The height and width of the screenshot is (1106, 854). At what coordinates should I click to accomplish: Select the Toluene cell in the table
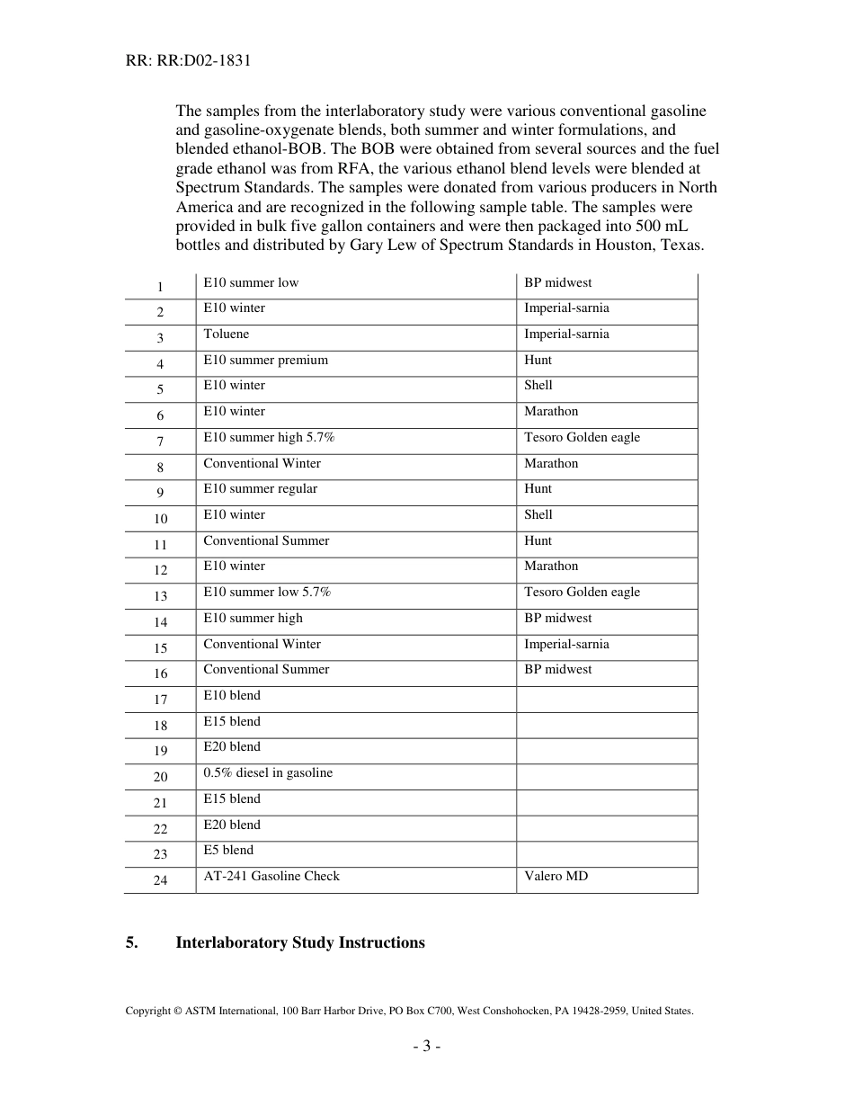click(x=227, y=334)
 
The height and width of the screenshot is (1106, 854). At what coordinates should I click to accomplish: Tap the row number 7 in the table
click(x=160, y=442)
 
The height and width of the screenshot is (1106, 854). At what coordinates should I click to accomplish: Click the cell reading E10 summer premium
click(x=265, y=361)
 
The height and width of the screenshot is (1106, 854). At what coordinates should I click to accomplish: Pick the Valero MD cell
click(x=556, y=877)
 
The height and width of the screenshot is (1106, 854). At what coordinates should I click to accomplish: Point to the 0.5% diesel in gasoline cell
click(x=268, y=773)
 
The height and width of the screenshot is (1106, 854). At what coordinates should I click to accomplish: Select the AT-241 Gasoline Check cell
click(x=271, y=877)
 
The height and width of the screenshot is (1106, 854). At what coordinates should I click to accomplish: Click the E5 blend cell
click(x=228, y=851)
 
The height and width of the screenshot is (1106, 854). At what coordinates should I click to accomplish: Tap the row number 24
click(x=160, y=880)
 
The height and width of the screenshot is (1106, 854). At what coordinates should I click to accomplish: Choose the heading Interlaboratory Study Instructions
click(x=300, y=942)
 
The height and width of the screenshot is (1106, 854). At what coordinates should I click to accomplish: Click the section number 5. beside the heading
click(x=131, y=942)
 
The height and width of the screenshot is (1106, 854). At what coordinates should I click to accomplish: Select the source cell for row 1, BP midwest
click(x=557, y=283)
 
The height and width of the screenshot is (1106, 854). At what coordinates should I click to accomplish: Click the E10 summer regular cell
click(x=260, y=489)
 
